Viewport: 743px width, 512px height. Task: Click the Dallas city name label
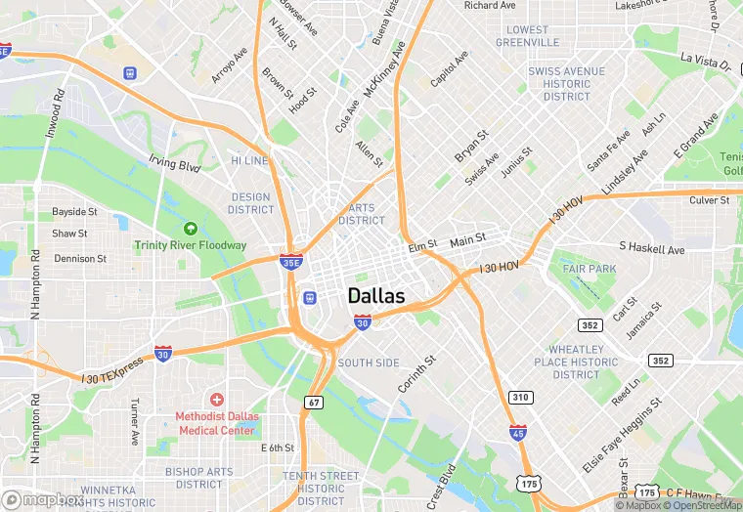point(376,296)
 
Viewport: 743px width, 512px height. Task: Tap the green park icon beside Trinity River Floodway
point(191,229)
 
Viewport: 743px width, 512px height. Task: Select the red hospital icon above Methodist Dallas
point(216,400)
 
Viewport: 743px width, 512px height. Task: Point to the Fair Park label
point(590,269)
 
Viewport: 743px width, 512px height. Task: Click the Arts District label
point(362,214)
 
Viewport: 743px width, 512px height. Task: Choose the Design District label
point(251,203)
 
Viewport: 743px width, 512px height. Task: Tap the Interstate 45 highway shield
point(517,432)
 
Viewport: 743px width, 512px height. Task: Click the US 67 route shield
point(314,403)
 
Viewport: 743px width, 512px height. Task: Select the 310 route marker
point(519,397)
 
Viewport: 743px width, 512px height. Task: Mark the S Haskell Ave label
point(652,249)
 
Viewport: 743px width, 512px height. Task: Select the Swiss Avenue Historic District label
point(567,84)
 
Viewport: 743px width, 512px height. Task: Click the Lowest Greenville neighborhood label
point(527,36)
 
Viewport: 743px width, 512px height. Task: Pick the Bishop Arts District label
point(199,478)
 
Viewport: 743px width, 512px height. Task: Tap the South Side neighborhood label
point(369,363)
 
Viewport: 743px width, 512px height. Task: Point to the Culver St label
point(710,200)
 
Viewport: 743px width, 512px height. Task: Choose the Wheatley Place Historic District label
point(577,362)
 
